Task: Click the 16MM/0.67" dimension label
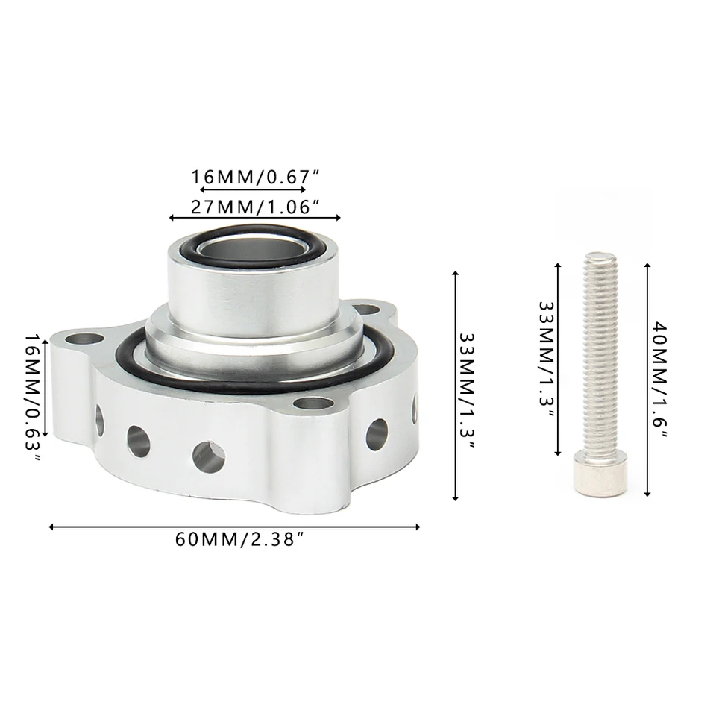click(255, 177)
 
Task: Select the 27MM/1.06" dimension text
click(255, 207)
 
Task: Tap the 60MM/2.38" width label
click(240, 539)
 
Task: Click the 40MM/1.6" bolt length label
click(659, 380)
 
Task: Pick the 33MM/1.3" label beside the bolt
click(547, 359)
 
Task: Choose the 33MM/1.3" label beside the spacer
click(467, 391)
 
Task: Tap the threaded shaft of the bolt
click(600, 351)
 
